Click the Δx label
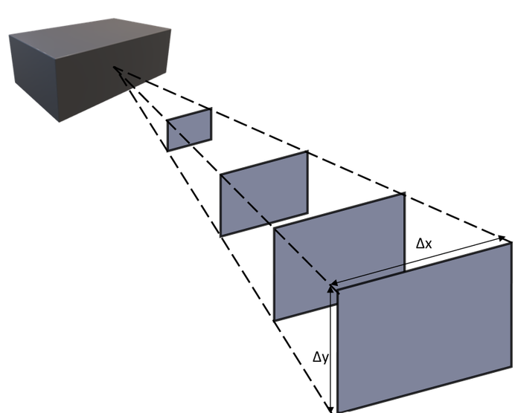tap(424, 244)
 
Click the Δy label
tap(321, 357)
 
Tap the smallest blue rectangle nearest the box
tap(189, 129)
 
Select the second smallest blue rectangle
tap(264, 193)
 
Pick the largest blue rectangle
tap(425, 328)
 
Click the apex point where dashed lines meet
tap(114, 68)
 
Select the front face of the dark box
tap(113, 77)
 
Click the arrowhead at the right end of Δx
tap(502, 238)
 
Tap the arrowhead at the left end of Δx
tap(334, 283)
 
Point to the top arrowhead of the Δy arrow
tap(330, 289)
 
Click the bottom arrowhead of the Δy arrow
tap(330, 409)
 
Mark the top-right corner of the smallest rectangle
tap(211, 108)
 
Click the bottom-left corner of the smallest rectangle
tap(167, 150)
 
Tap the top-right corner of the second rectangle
tap(307, 152)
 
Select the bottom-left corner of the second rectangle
tap(220, 235)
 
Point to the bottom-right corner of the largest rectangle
tap(511, 366)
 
